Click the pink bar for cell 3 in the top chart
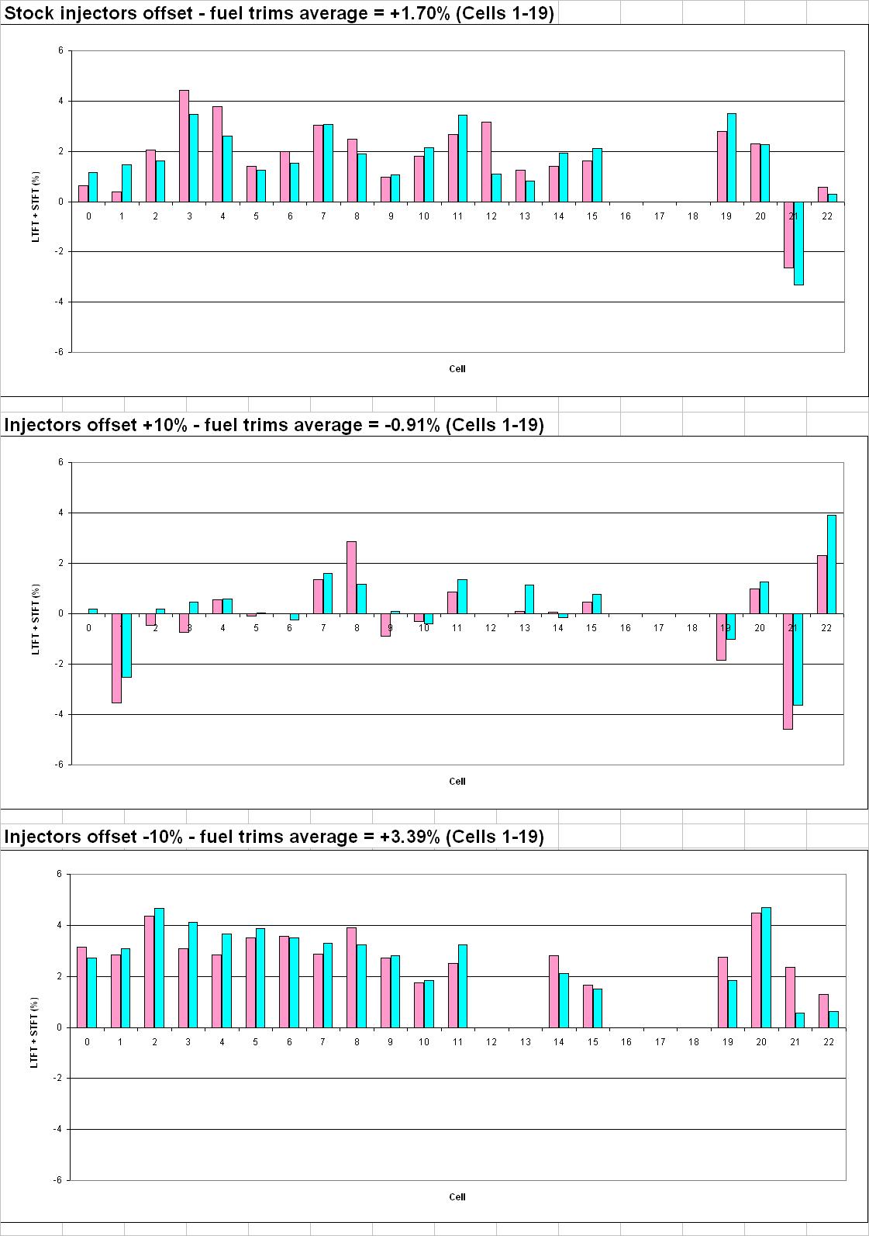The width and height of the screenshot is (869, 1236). pyautogui.click(x=184, y=146)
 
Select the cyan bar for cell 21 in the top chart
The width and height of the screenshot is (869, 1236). pyautogui.click(x=798, y=243)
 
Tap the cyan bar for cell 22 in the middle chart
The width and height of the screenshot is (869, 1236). pyautogui.click(x=832, y=564)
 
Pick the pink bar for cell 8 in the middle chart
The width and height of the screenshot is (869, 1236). pyautogui.click(x=351, y=578)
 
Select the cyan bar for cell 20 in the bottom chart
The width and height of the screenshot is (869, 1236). pyautogui.click(x=766, y=968)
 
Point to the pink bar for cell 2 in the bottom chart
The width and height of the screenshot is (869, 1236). pyautogui.click(x=149, y=972)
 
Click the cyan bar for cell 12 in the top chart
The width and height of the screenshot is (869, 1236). pyautogui.click(x=496, y=188)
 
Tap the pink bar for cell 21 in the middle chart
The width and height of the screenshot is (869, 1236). pyautogui.click(x=788, y=671)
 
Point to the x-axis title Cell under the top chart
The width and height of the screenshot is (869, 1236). pyautogui.click(x=457, y=369)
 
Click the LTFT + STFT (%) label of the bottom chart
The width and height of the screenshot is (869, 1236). pyautogui.click(x=34, y=1027)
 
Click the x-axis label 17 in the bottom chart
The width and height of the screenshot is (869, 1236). pyautogui.click(x=660, y=1042)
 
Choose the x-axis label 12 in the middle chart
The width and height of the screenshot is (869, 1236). pyautogui.click(x=491, y=628)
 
